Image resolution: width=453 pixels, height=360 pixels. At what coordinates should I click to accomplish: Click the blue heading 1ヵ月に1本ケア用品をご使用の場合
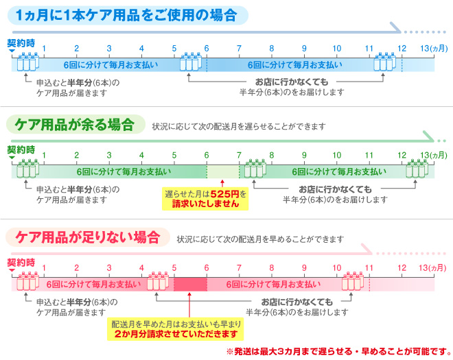[x=127, y=15]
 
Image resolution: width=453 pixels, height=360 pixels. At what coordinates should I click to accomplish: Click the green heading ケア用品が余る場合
[x=75, y=124]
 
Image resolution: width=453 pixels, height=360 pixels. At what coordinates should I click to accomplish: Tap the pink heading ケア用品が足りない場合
[x=88, y=237]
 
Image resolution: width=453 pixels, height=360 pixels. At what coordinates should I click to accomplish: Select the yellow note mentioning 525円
[x=205, y=199]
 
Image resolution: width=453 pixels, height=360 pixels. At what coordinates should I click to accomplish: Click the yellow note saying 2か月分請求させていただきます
[x=175, y=329]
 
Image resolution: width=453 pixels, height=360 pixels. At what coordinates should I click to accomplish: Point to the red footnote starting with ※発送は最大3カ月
[x=338, y=351]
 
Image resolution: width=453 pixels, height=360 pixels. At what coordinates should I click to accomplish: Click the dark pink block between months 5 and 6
[x=190, y=285]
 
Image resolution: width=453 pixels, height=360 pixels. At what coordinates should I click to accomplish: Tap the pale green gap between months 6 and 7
[x=223, y=172]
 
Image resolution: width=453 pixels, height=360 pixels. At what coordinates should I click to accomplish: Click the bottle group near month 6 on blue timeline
[x=191, y=62]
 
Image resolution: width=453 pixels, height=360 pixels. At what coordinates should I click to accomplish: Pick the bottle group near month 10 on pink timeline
[x=353, y=281]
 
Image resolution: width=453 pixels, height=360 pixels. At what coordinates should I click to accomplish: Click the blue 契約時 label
[x=21, y=43]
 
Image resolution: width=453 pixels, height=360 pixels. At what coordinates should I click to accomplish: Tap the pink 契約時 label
[x=21, y=263]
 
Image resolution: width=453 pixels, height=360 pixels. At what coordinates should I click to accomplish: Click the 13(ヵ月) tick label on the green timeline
[x=434, y=156]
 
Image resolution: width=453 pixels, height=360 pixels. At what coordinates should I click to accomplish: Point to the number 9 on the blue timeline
[x=304, y=49]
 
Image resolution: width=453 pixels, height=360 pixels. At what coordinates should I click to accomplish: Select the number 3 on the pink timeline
[x=109, y=268]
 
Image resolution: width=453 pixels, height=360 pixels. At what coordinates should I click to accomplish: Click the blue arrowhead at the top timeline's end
[x=395, y=27]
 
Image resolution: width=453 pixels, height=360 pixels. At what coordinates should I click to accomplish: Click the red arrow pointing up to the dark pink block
[x=189, y=305]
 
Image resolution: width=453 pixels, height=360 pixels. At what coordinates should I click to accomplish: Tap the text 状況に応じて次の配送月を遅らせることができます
[x=239, y=126]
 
